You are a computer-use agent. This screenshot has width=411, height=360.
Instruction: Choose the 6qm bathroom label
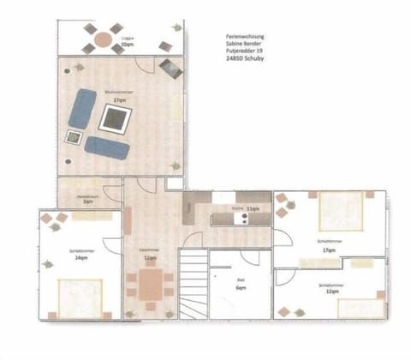[241, 290]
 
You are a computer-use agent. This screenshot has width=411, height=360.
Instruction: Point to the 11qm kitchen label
[253, 208]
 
